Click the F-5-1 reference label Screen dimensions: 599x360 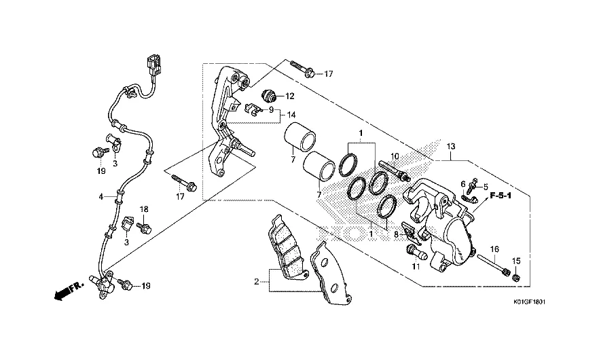pyautogui.click(x=501, y=196)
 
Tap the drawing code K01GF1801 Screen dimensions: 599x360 pyautogui.click(x=529, y=302)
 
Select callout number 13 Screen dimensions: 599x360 pyautogui.click(x=451, y=146)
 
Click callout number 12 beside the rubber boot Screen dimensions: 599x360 pyautogui.click(x=289, y=96)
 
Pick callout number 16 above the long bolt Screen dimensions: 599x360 pyautogui.click(x=494, y=249)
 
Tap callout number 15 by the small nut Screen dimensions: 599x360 pyautogui.click(x=516, y=262)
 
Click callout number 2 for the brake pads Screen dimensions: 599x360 pyautogui.click(x=256, y=282)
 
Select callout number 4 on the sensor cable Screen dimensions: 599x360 pyautogui.click(x=101, y=197)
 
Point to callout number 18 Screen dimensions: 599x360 pyautogui.click(x=144, y=209)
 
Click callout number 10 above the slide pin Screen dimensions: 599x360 pyautogui.click(x=395, y=156)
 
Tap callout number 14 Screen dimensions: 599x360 pyautogui.click(x=291, y=115)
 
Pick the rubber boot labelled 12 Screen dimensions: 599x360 pyautogui.click(x=269, y=96)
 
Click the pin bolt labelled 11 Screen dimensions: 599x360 pyautogui.click(x=415, y=251)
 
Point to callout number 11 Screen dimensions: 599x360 pyautogui.click(x=416, y=266)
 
